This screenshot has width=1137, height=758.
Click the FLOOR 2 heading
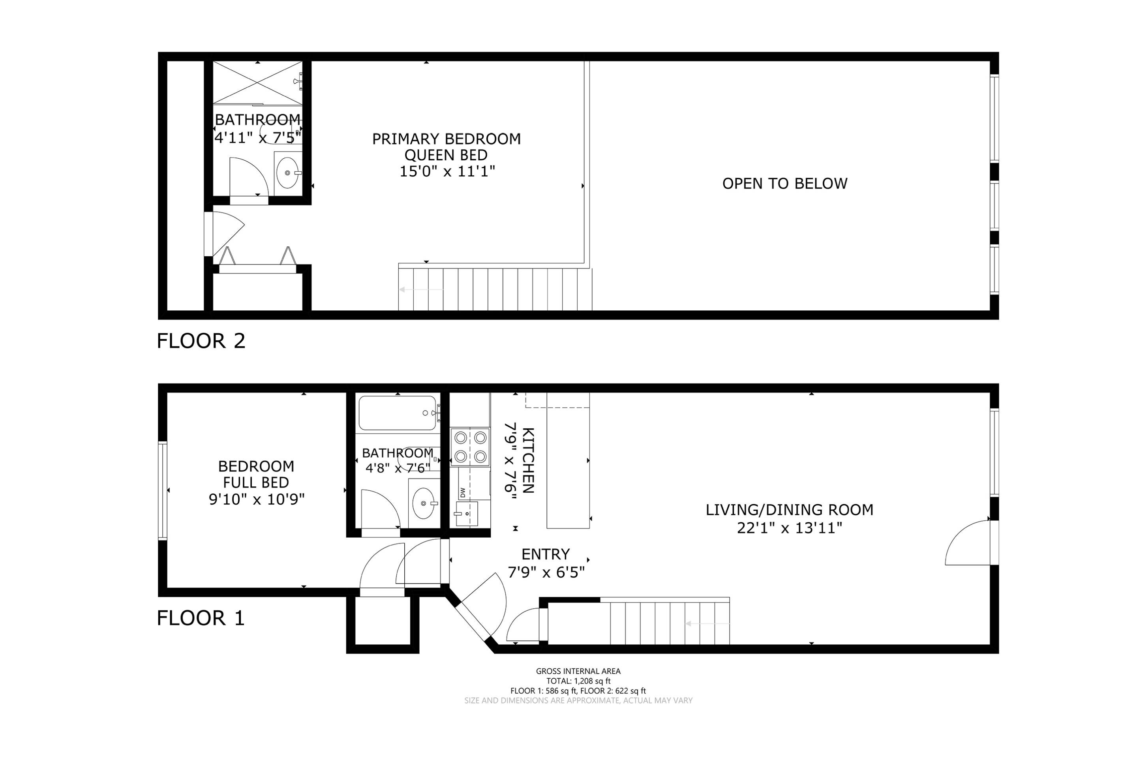(201, 341)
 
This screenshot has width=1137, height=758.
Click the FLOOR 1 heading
(201, 618)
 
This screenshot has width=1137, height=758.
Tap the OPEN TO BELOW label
(784, 184)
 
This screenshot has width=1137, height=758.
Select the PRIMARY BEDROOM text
(446, 139)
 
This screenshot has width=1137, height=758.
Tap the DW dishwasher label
(463, 492)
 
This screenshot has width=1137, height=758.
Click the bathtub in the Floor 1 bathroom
(398, 413)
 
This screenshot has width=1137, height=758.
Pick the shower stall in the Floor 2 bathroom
(258, 82)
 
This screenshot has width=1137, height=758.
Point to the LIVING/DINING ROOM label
(790, 510)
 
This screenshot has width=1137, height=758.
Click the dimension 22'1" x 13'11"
(790, 528)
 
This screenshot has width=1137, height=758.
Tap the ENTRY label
(546, 554)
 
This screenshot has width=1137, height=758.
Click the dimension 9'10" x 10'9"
(256, 499)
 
